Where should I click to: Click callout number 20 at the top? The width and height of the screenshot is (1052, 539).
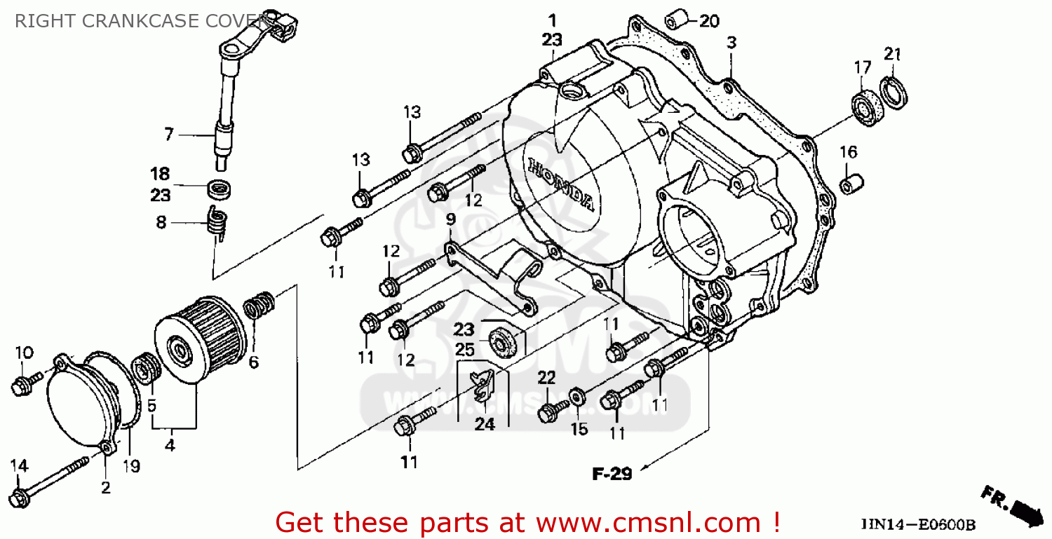709,21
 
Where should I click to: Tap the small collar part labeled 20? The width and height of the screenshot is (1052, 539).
675,17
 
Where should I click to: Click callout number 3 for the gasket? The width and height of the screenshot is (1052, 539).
731,43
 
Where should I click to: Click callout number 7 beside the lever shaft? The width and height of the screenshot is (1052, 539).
168,133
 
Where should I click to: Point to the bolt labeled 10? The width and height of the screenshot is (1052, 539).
20,383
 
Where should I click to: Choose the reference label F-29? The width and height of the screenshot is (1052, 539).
612,475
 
